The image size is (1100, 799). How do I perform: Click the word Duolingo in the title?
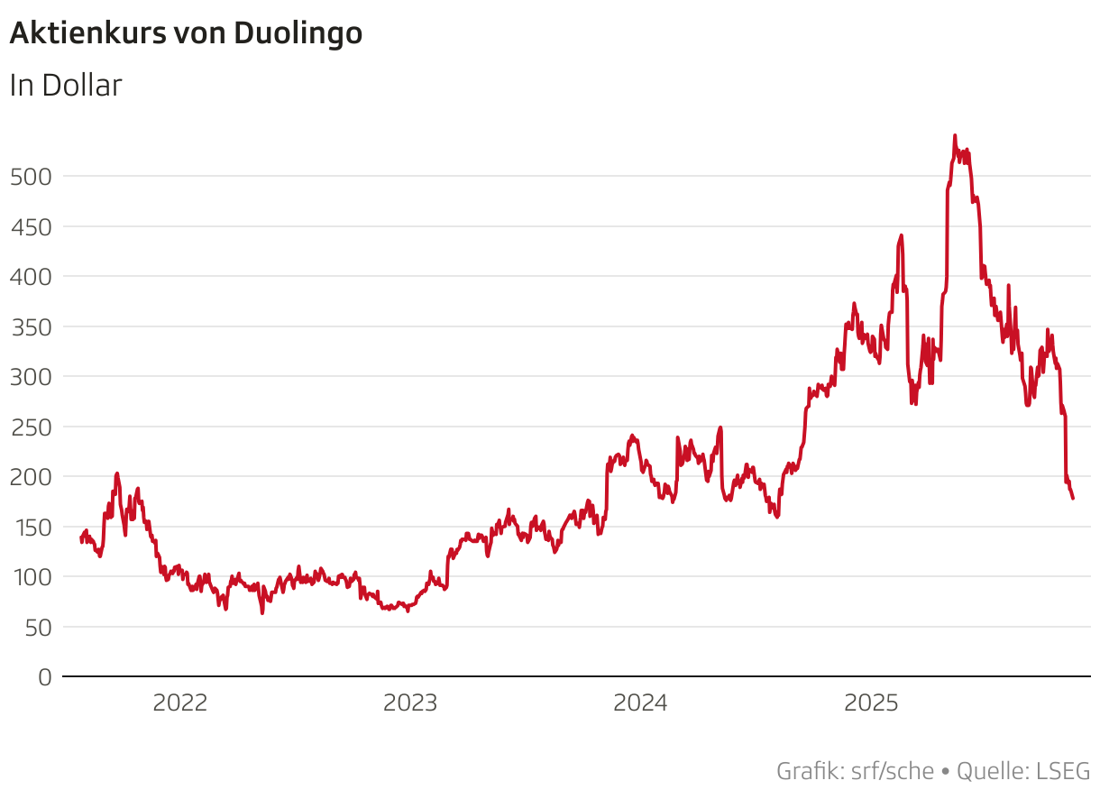298,33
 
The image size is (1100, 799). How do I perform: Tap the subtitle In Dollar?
65,86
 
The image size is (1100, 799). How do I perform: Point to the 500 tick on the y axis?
31,177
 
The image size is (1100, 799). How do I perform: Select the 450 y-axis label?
31,227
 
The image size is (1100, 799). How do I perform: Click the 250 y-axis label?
31,427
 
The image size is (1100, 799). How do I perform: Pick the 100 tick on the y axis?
31,576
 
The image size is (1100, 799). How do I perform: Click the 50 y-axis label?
37,627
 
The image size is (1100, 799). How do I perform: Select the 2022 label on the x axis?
179,703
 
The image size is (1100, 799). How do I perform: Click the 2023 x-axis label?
410,703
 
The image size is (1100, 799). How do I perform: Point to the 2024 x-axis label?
640,703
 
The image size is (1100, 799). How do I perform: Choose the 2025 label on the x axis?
871,703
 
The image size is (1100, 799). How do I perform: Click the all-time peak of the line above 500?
955,136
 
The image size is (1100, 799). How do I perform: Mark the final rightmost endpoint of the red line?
1073,499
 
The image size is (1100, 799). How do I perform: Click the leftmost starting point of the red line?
81,539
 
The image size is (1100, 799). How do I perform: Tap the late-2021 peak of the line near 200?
116,473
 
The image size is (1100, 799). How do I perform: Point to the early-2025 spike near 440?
901,235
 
